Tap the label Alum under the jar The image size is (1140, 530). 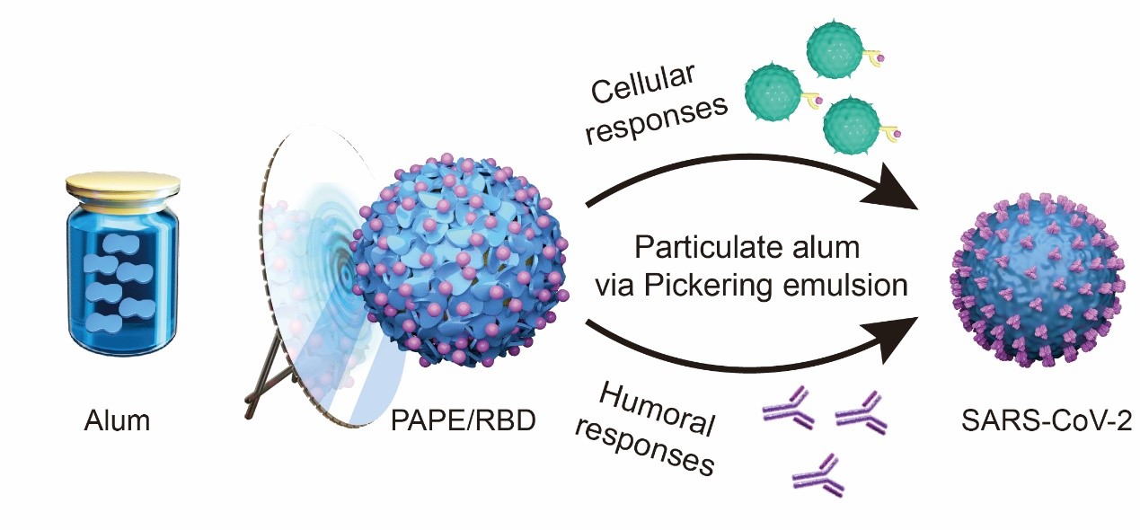[118, 420]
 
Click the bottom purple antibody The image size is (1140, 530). [817, 475]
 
